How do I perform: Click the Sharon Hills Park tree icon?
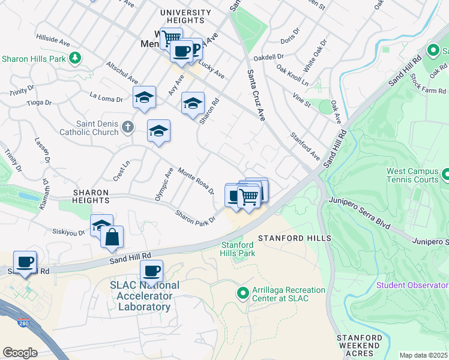(x=75, y=58)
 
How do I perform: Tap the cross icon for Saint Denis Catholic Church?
(x=127, y=127)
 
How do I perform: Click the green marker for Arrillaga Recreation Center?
(x=243, y=293)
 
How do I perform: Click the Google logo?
(x=20, y=352)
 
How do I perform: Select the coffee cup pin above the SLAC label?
(x=152, y=271)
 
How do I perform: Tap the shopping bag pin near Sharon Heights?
(x=112, y=236)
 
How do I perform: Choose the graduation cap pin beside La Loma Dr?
(x=144, y=97)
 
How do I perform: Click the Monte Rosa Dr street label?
(x=196, y=181)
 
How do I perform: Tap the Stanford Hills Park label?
(x=238, y=249)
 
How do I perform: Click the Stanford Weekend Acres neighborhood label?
(x=358, y=346)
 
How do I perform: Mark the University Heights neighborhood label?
(x=185, y=16)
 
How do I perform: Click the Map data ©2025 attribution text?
(x=423, y=355)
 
